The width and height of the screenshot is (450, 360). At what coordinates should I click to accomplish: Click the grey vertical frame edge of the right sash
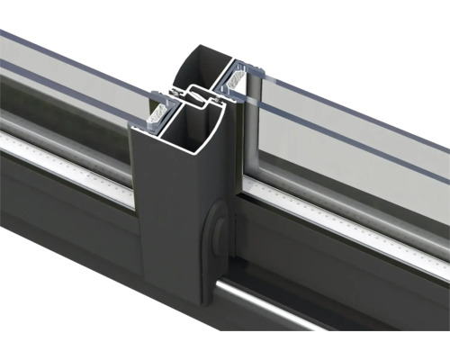click(251, 135)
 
